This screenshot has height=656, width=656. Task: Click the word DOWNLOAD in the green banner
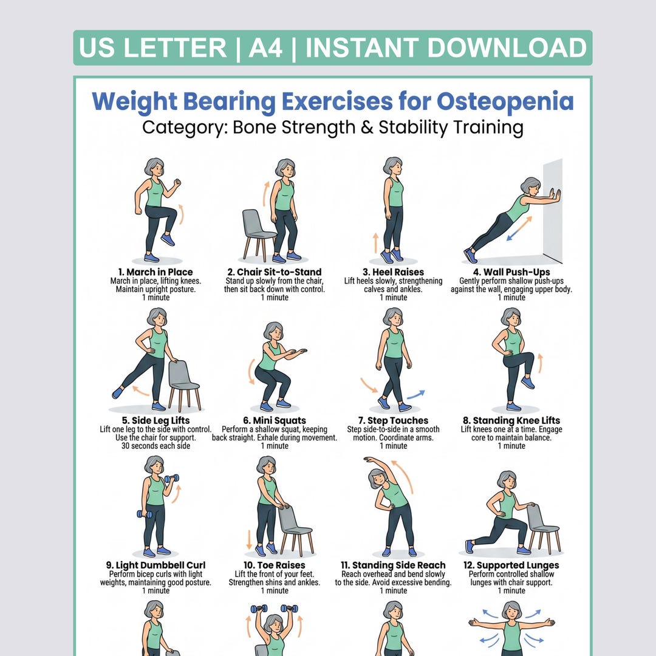[507, 47]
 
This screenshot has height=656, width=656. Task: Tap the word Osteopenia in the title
[505, 101]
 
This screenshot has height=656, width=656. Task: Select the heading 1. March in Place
[155, 272]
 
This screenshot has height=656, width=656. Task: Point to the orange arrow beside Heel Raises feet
[376, 243]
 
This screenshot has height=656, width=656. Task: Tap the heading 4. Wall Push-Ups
[511, 272]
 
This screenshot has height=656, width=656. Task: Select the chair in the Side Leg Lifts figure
[184, 385]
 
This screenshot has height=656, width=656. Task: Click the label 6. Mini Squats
[275, 420]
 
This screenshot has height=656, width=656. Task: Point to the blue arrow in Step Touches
[416, 394]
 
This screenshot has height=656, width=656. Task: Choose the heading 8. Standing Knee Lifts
[511, 420]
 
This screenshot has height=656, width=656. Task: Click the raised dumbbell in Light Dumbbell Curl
[171, 479]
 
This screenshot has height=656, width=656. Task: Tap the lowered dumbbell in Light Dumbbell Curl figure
[145, 514]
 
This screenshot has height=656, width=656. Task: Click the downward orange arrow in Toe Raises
[249, 539]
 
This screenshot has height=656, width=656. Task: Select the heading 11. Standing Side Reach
[393, 565]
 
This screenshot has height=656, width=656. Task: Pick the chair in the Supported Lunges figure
[543, 528]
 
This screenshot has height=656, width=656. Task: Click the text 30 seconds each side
[155, 446]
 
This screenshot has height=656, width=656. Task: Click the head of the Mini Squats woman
[273, 332]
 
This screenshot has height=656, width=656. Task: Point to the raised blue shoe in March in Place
[168, 240]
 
